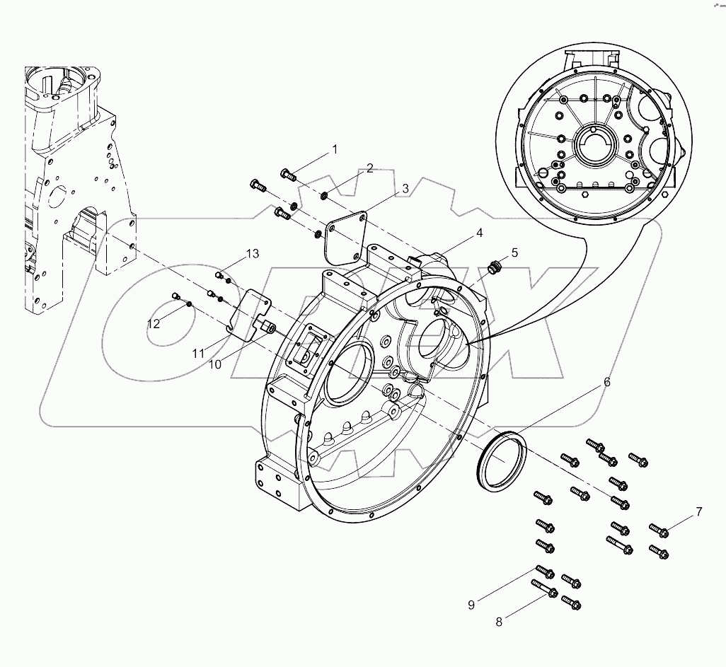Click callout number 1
tap(335, 149)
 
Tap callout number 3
tap(405, 188)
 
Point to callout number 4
tap(479, 232)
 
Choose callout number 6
tap(606, 382)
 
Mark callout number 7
tap(698, 511)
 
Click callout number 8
tap(499, 622)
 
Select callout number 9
tap(470, 604)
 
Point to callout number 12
tap(154, 323)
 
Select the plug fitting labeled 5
tap(494, 267)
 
